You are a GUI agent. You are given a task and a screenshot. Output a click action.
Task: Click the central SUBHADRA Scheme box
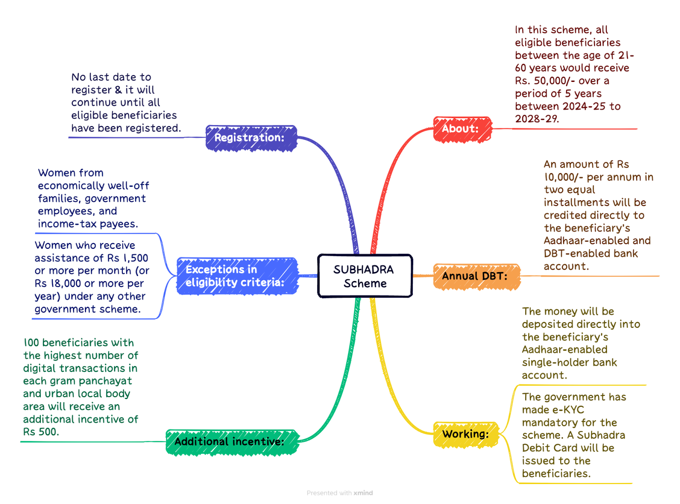(365, 276)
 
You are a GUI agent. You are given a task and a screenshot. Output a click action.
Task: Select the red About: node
(462, 130)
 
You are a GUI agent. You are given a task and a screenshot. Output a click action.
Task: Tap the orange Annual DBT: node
(476, 276)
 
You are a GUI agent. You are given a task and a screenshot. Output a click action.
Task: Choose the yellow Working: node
(466, 434)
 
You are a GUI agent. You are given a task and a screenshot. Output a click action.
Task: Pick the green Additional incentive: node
(232, 442)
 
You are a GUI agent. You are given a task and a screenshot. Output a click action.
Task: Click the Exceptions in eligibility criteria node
(237, 276)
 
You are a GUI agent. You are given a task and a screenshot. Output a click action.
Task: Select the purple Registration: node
(251, 138)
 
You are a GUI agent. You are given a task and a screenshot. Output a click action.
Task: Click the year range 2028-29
(537, 119)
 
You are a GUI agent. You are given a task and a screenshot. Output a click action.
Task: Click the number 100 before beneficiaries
(31, 343)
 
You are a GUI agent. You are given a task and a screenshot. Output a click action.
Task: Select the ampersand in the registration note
(118, 90)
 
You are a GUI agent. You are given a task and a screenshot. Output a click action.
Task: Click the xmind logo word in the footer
(363, 493)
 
